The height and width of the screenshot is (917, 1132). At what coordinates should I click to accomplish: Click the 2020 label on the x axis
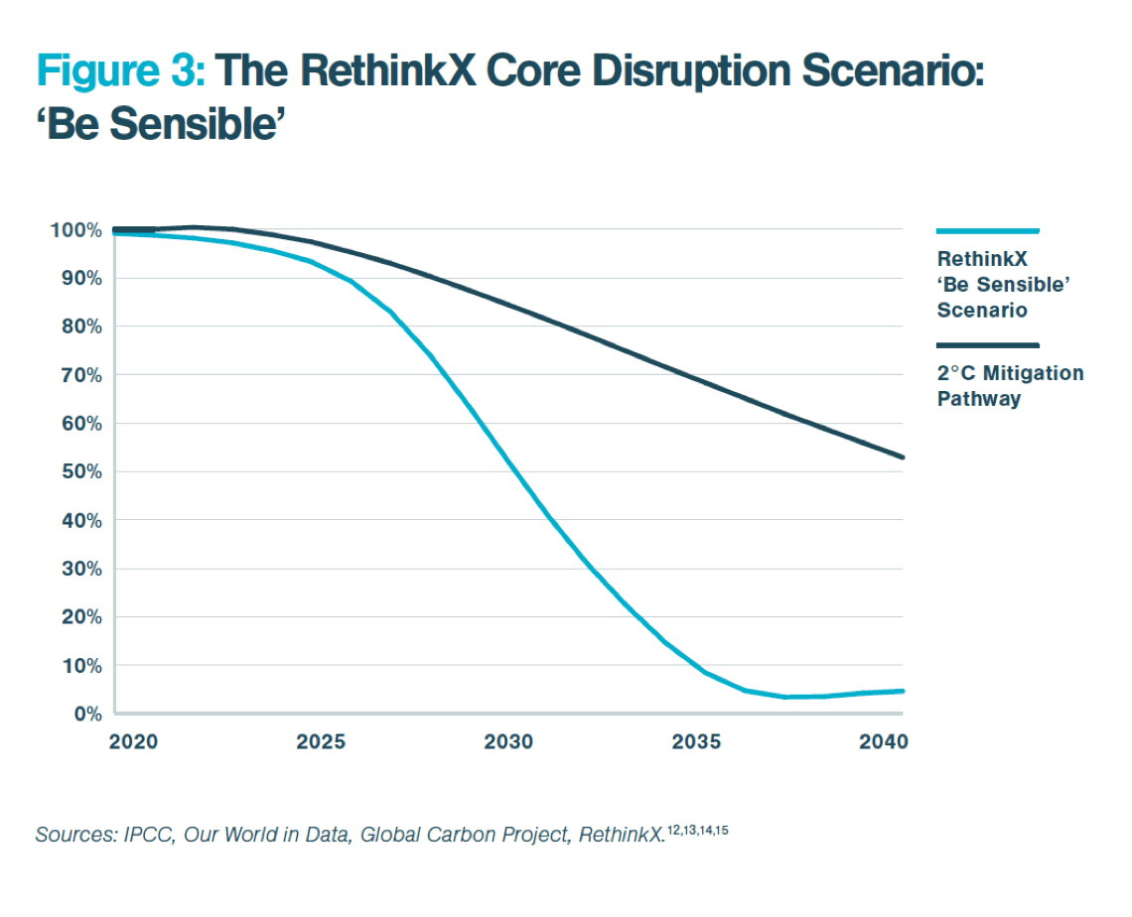pos(134,742)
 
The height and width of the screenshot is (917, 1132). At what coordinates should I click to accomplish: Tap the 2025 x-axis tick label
pos(321,742)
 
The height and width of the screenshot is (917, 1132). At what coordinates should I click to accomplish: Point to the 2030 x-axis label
pos(508,742)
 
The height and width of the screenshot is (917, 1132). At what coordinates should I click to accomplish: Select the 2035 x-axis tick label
pos(696,742)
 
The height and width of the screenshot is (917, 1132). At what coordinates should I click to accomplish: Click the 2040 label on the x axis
pos(883,742)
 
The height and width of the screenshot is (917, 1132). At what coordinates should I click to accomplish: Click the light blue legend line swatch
pos(987,231)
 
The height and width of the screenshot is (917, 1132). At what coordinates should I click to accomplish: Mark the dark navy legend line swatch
pos(987,345)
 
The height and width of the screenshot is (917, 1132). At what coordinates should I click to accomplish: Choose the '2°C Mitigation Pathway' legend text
pos(1010,386)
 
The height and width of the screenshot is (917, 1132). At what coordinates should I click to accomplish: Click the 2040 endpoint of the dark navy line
pos(903,458)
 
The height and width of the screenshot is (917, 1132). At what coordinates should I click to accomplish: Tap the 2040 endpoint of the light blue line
pos(903,691)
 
